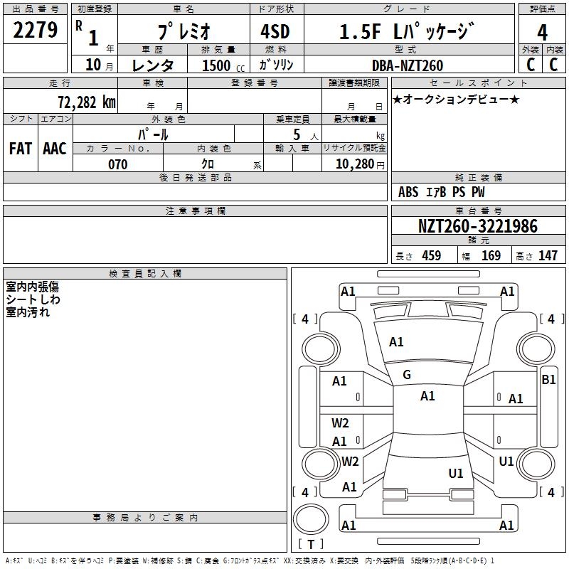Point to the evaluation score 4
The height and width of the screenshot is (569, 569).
click(x=542, y=32)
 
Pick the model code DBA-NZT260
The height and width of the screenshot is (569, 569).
click(x=407, y=65)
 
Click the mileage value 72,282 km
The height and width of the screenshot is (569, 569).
click(x=86, y=102)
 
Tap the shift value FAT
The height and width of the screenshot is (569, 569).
click(x=21, y=149)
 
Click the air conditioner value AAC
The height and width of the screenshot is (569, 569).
click(x=55, y=149)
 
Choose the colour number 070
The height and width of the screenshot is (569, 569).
click(x=117, y=164)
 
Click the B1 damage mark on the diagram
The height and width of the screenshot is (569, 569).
click(x=548, y=380)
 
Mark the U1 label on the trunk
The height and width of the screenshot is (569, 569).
click(x=456, y=473)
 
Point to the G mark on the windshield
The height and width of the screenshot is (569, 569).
click(x=407, y=375)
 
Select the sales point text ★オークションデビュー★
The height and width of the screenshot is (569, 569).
click(x=456, y=99)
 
